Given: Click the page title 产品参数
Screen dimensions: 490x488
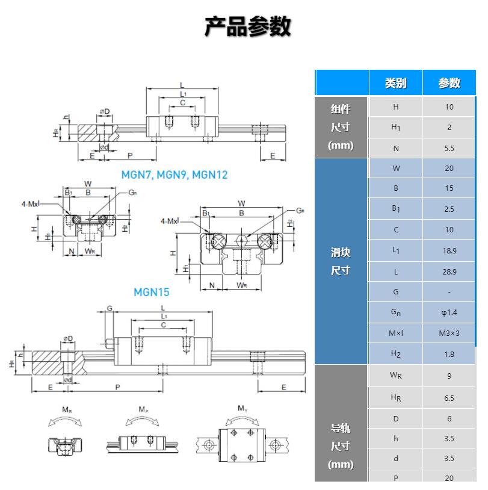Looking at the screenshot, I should pyautogui.click(x=247, y=26).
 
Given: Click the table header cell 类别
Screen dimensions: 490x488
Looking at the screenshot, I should pyautogui.click(x=395, y=83).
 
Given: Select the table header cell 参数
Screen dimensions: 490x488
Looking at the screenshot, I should pyautogui.click(x=449, y=83).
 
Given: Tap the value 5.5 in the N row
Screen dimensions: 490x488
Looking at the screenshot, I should pyautogui.click(x=449, y=148).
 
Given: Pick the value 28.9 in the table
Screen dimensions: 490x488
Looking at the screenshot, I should pyautogui.click(x=449, y=272).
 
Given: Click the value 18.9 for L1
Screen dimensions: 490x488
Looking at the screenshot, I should pyautogui.click(x=449, y=251).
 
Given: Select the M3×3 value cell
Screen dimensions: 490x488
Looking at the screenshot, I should pyautogui.click(x=449, y=333).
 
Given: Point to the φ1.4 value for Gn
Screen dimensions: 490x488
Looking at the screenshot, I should pyautogui.click(x=449, y=312).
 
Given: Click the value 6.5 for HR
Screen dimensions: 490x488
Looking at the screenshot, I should pyautogui.click(x=449, y=398).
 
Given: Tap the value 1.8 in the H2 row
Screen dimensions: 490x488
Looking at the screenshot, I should pyautogui.click(x=449, y=354).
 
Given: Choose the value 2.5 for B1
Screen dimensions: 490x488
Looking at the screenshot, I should pyautogui.click(x=449, y=209).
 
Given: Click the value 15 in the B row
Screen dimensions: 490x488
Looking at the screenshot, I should pyautogui.click(x=449, y=188).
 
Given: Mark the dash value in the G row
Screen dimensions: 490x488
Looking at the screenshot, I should pyautogui.click(x=449, y=292).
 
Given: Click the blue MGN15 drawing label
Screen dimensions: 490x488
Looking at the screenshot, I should pyautogui.click(x=152, y=293).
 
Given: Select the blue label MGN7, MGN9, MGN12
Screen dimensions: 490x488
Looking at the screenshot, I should pyautogui.click(x=175, y=175).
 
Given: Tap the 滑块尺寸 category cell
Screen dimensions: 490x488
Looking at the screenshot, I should pyautogui.click(x=341, y=261).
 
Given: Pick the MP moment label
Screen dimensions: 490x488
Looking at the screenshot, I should pyautogui.click(x=143, y=411).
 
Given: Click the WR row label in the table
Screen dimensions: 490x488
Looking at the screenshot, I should pyautogui.click(x=395, y=377).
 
